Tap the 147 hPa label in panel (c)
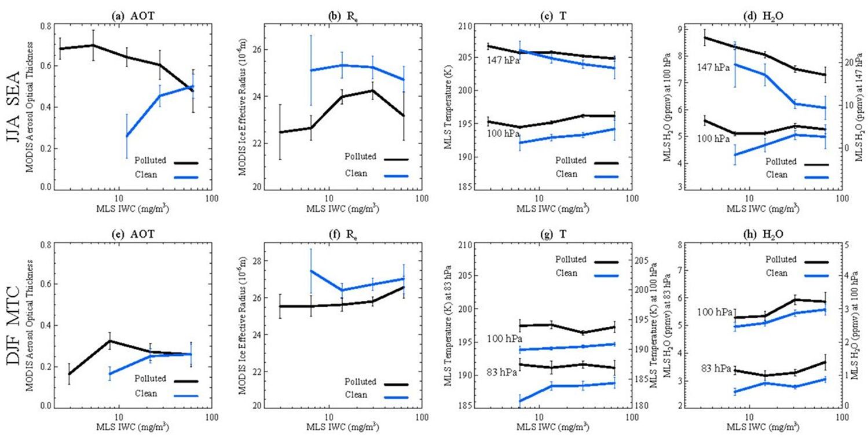click(x=503, y=59)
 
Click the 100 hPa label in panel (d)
click(x=713, y=139)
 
